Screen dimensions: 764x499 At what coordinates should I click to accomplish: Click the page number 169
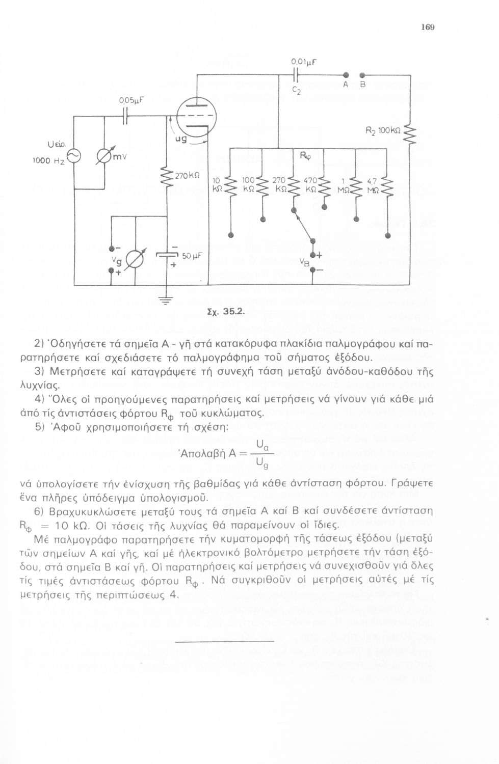coord(427,27)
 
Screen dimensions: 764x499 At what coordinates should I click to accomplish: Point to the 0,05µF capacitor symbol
coord(125,117)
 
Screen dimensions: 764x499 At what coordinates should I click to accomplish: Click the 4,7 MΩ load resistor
coord(387,187)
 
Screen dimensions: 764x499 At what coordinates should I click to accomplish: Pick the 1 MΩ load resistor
coord(356,187)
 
